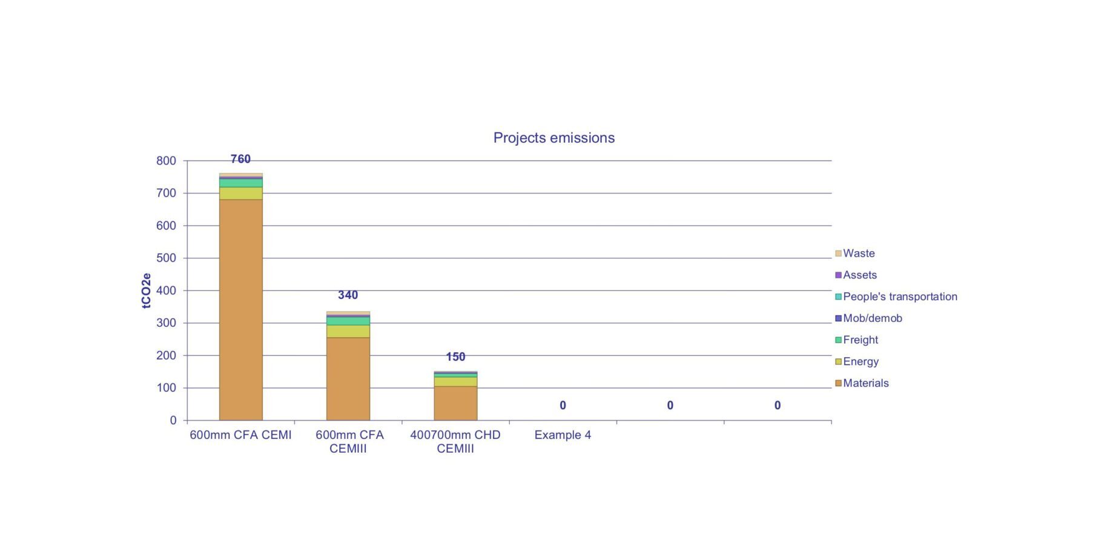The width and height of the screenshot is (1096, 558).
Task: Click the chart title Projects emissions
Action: (553, 138)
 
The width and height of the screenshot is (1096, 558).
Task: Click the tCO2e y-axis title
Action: (147, 291)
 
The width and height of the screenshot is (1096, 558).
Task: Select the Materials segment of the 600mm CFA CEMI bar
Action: (240, 309)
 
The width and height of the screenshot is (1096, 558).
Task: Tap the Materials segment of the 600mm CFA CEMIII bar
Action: (348, 378)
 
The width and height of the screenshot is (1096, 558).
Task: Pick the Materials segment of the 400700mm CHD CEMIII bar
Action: (455, 403)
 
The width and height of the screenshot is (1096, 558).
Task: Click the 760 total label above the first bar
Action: (240, 159)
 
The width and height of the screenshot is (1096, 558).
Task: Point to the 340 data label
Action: (348, 295)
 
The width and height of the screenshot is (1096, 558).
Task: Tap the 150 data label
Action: (455, 357)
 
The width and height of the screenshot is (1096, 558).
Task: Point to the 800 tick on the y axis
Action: (166, 161)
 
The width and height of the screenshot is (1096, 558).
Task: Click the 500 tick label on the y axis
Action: (166, 258)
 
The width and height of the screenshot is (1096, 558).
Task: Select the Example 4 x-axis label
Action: (563, 435)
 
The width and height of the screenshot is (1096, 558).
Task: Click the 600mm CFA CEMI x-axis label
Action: (240, 435)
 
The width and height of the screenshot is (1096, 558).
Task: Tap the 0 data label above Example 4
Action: (563, 405)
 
